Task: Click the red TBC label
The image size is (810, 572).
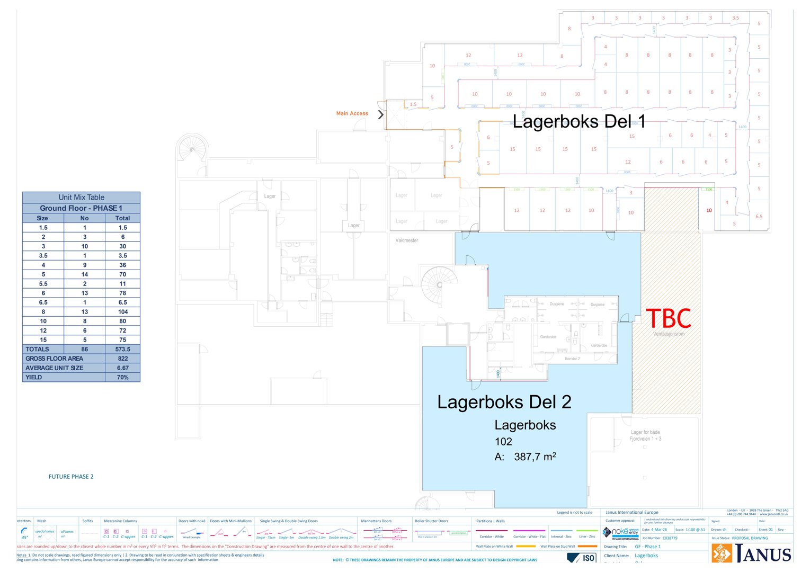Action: pyautogui.click(x=669, y=319)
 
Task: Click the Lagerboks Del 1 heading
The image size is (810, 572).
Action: pyautogui.click(x=579, y=121)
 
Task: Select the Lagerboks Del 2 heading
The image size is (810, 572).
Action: pyautogui.click(x=504, y=402)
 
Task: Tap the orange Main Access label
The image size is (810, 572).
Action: pyautogui.click(x=352, y=113)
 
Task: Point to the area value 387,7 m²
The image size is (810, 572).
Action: pyautogui.click(x=535, y=457)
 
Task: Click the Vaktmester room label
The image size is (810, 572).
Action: pyautogui.click(x=406, y=240)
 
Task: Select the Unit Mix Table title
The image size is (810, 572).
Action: pyautogui.click(x=81, y=197)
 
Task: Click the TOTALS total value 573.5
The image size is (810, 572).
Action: pyautogui.click(x=122, y=349)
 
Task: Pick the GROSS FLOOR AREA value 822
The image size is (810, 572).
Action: pyautogui.click(x=122, y=359)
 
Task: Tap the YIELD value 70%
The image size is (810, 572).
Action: pyautogui.click(x=122, y=377)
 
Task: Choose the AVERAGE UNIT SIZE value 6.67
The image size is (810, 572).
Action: pyautogui.click(x=122, y=368)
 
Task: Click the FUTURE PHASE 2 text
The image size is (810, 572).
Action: pyautogui.click(x=71, y=477)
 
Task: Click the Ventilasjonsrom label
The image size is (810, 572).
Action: pyautogui.click(x=669, y=334)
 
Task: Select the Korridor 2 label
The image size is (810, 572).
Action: pyautogui.click(x=572, y=359)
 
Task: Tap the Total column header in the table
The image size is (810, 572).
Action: pyautogui.click(x=122, y=218)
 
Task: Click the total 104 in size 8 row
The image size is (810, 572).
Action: pyautogui.click(x=122, y=312)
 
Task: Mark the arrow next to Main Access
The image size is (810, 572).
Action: pyautogui.click(x=380, y=114)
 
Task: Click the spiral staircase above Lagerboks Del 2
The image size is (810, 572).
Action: pyautogui.click(x=439, y=284)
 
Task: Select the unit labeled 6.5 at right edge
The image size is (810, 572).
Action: pyautogui.click(x=759, y=216)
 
